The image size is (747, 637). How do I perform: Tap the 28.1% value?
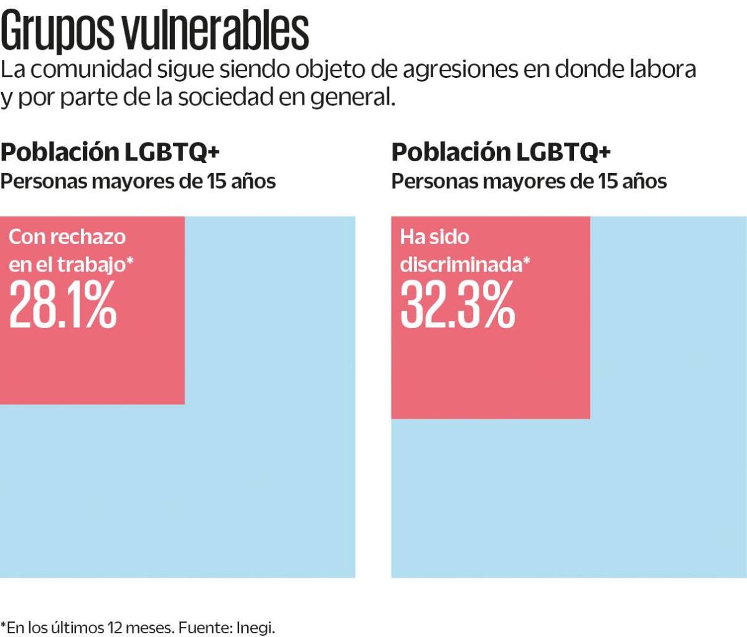coord(63,304)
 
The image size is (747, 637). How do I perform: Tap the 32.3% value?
coord(458,304)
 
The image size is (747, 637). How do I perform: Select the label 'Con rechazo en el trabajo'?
coord(70,250)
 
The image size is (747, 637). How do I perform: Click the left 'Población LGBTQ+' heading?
coord(110,152)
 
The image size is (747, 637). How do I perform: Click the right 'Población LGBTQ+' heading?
coord(500,152)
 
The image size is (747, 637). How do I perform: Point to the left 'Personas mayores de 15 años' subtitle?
coord(138,181)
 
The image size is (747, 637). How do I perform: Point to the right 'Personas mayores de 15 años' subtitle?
coord(529,181)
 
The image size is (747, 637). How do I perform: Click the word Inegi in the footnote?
coord(255,627)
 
